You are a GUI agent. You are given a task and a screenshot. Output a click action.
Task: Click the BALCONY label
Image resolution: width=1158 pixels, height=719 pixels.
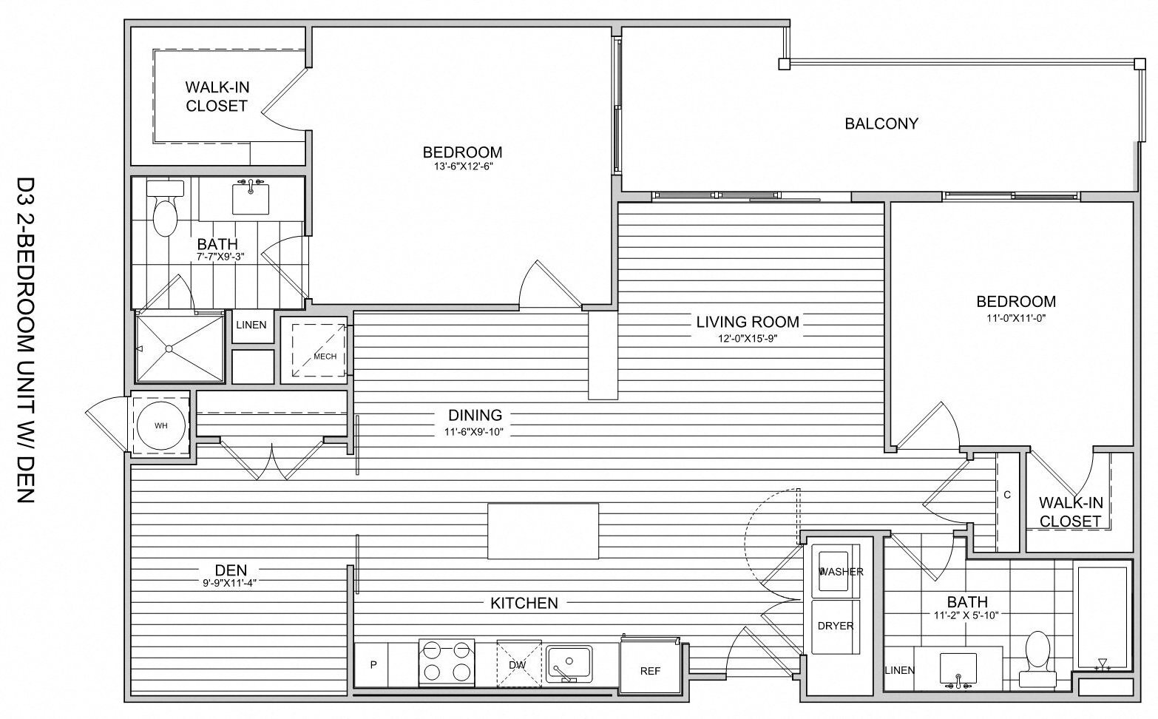tap(881, 124)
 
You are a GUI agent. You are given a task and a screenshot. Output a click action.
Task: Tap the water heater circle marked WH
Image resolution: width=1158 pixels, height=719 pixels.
tap(161, 426)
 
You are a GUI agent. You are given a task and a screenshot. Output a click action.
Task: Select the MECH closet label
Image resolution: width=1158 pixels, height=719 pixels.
tap(325, 357)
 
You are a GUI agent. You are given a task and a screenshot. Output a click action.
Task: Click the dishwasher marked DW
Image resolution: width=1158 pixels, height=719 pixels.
tap(518, 664)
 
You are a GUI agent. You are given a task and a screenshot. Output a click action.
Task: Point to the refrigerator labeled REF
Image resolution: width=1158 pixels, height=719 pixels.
tap(649, 671)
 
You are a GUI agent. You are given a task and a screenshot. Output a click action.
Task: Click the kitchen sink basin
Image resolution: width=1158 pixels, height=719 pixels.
tap(568, 660)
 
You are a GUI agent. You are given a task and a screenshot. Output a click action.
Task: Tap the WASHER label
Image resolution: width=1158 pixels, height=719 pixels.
tap(842, 572)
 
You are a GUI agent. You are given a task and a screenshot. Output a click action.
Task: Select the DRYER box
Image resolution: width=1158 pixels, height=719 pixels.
tap(836, 627)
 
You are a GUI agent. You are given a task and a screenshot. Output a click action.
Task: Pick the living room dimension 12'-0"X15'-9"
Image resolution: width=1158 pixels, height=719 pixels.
tap(747, 338)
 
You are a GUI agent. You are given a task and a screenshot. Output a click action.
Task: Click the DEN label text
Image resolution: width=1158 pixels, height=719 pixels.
tap(231, 570)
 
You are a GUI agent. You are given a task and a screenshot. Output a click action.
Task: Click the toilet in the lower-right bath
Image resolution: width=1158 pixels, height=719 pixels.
tap(1038, 651)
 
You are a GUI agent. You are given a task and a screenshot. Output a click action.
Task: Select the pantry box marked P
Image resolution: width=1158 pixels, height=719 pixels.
tap(373, 664)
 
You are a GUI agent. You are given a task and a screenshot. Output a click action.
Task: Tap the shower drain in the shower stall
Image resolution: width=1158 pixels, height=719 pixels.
tap(170, 348)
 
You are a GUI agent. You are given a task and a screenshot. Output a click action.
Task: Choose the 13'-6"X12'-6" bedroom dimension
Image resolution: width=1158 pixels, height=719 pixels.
tap(463, 166)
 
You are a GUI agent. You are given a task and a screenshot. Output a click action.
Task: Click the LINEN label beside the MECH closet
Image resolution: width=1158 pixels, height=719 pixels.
tap(251, 325)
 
